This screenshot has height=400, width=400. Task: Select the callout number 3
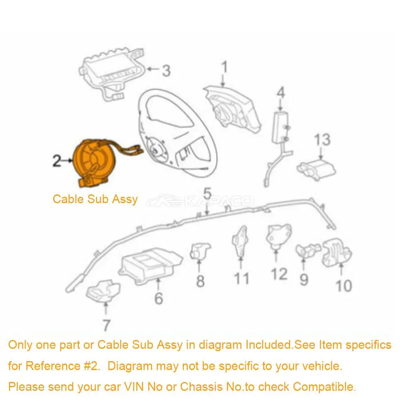(x=166, y=71)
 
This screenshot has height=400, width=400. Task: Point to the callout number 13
(x=322, y=140)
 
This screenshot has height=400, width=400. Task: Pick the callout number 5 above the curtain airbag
(x=207, y=194)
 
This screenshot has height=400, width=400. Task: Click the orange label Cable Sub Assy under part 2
(x=95, y=199)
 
